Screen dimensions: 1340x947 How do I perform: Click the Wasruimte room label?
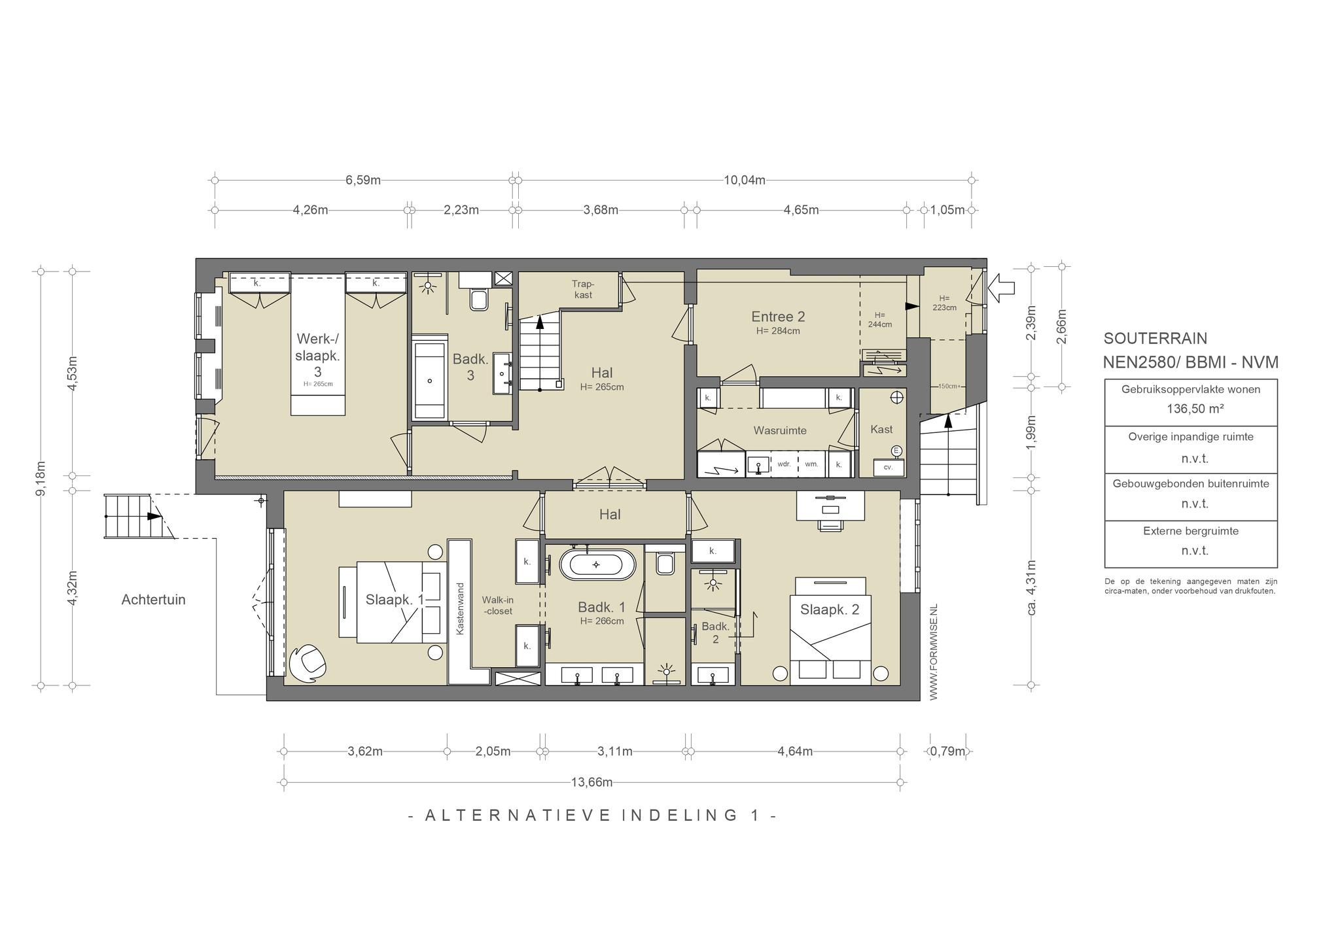[x=780, y=431]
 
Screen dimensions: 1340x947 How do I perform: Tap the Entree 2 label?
[x=778, y=317]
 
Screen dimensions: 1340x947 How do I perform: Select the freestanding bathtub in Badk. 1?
[x=597, y=564]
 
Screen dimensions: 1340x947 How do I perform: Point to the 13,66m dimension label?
[x=592, y=782]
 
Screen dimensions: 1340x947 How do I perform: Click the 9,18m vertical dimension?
[x=41, y=479]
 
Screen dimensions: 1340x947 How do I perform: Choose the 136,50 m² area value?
[x=1190, y=409]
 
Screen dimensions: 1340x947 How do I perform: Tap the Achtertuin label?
[x=154, y=600]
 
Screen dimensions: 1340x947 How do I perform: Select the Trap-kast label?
[x=583, y=289]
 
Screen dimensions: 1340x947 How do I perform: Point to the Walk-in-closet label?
[x=497, y=605]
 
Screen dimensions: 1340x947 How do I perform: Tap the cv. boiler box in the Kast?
[x=889, y=468]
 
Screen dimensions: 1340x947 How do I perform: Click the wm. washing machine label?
[x=811, y=464]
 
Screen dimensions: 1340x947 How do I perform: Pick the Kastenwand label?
[x=460, y=608]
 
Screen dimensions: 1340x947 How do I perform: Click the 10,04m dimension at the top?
[x=745, y=180]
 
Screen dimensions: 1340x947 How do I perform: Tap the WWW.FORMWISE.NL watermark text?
[x=933, y=651]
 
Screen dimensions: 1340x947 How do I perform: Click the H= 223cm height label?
[x=943, y=303]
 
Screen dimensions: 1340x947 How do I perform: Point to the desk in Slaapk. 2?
[x=830, y=506]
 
